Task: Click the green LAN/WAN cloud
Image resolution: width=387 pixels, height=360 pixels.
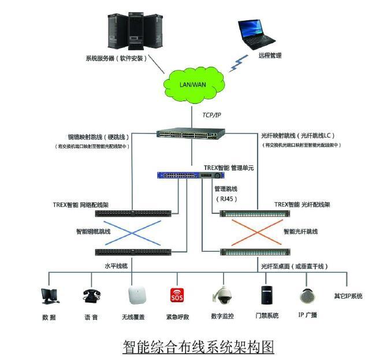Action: click(193, 84)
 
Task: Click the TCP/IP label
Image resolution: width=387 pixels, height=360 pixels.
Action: click(212, 116)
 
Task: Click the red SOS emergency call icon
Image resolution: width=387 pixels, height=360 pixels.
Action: click(176, 296)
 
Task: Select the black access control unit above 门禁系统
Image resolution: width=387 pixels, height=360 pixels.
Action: click(266, 295)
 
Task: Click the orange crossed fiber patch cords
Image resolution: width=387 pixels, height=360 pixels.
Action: click(254, 232)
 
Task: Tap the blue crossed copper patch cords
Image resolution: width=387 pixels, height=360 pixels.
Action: click(132, 232)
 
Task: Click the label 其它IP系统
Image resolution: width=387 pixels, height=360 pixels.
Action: click(348, 296)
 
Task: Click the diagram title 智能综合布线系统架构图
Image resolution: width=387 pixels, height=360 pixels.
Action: click(198, 346)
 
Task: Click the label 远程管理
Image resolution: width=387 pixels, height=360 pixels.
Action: click(270, 56)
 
